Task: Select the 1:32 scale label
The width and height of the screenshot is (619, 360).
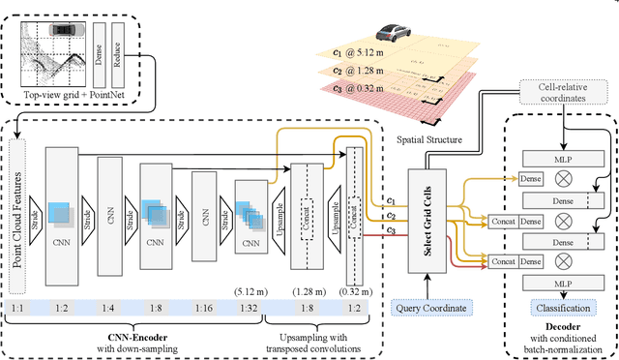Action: (250, 307)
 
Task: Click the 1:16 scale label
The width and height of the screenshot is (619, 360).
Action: (204, 307)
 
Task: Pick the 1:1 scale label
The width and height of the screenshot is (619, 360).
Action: (18, 307)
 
